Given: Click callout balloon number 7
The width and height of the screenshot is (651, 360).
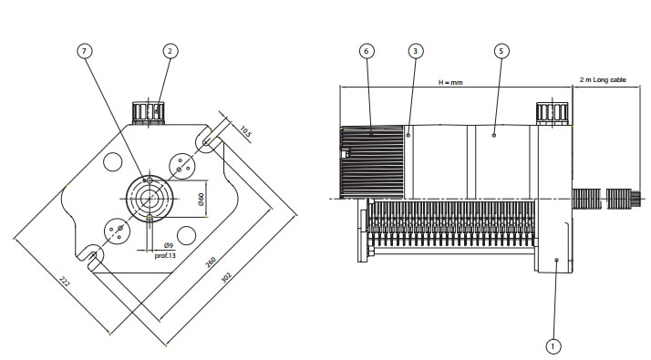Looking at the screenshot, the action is [85, 51].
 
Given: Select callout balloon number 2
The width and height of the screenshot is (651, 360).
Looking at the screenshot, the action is [170, 51].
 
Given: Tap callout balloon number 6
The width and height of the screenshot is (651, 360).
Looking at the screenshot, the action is [367, 51].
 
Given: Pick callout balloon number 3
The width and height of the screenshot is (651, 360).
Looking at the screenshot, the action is [415, 51].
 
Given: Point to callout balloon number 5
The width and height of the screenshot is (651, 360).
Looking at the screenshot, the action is [501, 51].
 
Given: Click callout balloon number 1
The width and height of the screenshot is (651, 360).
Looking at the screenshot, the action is [553, 346].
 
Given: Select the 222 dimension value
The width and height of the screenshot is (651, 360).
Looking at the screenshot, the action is [65, 282].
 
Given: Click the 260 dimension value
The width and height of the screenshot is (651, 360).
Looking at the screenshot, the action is [211, 262].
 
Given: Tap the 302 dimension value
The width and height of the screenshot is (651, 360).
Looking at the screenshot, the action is [226, 277].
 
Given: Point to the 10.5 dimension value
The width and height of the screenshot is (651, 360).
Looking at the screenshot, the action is [245, 132].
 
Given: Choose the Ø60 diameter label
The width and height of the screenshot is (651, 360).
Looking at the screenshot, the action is [201, 200].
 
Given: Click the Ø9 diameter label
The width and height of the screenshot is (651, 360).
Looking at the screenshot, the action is [168, 245].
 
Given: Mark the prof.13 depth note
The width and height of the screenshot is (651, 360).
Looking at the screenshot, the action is [165, 255].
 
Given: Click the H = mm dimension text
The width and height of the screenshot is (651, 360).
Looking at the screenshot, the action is [450, 82].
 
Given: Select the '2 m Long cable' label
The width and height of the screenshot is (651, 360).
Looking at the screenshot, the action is [603, 79].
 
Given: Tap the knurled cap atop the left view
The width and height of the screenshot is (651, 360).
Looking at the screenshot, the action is [149, 112].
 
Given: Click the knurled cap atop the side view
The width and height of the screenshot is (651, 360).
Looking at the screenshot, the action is [552, 113].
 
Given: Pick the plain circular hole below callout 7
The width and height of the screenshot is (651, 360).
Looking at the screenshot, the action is [112, 161].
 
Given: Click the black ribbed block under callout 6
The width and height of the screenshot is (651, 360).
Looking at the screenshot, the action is [372, 162].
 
